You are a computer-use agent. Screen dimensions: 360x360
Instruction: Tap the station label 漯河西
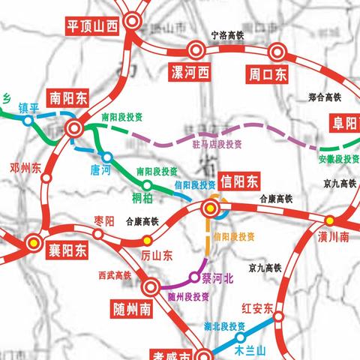tap(189, 73)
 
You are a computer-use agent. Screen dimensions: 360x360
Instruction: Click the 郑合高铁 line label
tap(325, 97)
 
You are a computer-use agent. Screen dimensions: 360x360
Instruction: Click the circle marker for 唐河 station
tap(108, 157)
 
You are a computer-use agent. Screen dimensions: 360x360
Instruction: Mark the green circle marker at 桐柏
tap(147, 185)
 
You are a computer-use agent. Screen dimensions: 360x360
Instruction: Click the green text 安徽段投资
tap(338, 159)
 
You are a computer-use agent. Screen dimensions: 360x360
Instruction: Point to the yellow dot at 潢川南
tap(330, 220)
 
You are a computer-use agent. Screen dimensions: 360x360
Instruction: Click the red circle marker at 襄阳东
tap(33, 241)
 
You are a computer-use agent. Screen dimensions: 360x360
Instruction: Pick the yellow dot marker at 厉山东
tap(147, 240)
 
